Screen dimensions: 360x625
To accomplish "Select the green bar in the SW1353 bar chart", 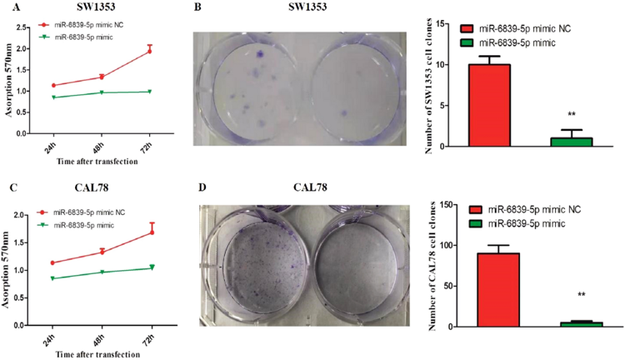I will (572, 142).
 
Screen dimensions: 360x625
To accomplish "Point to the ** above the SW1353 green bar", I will (572, 114).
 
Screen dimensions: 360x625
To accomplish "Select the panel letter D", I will (198, 188).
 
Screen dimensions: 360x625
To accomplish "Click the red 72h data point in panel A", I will (149, 51).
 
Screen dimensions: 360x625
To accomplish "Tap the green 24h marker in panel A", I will (54, 97).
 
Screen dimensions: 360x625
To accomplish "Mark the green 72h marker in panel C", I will (149, 267).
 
